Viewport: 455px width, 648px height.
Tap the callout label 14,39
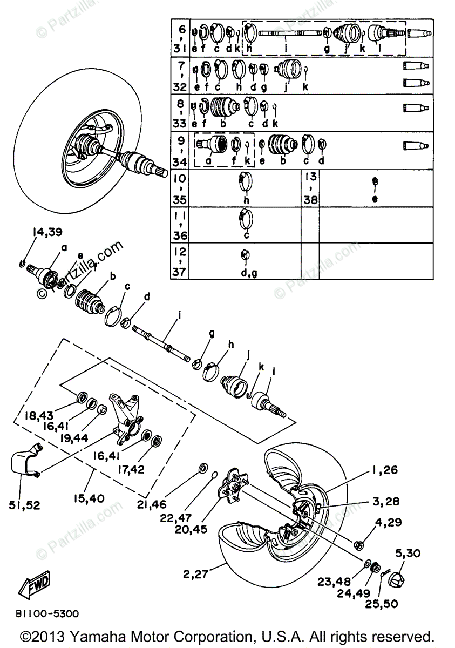[x=48, y=233]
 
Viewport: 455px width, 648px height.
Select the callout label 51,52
[x=24, y=505]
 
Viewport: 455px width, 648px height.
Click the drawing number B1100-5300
[x=47, y=614]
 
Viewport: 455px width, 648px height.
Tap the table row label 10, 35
[x=180, y=189]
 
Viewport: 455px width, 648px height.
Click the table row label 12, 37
[x=180, y=262]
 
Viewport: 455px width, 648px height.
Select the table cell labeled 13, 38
[x=310, y=189]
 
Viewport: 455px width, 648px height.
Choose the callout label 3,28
[x=385, y=502]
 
